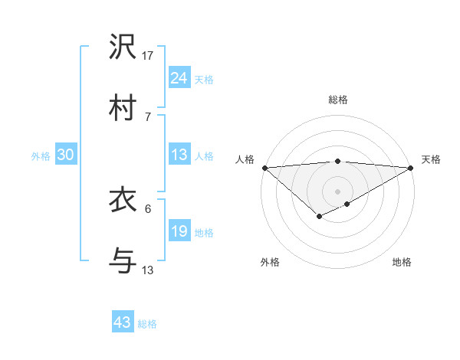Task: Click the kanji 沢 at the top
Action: pos(123,47)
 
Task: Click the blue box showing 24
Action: pos(179,78)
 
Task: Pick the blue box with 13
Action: pos(179,155)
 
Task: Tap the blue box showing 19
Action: pos(179,231)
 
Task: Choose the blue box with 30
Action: pos(65,155)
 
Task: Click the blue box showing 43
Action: pos(122,322)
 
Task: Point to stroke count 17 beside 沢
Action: pos(148,55)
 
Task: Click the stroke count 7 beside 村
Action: pos(147,116)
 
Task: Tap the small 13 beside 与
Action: pos(148,270)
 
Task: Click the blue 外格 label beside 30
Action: pos(41,155)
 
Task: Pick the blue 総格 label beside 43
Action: pos(147,324)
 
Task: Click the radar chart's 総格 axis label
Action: pos(337,100)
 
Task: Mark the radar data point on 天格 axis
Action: pos(411,167)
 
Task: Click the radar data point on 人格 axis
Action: pos(264,167)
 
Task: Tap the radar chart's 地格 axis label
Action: pos(402,262)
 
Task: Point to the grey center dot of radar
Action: pos(337,191)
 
